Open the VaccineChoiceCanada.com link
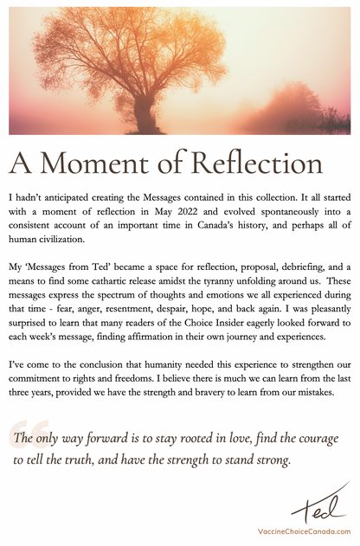(304, 530)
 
